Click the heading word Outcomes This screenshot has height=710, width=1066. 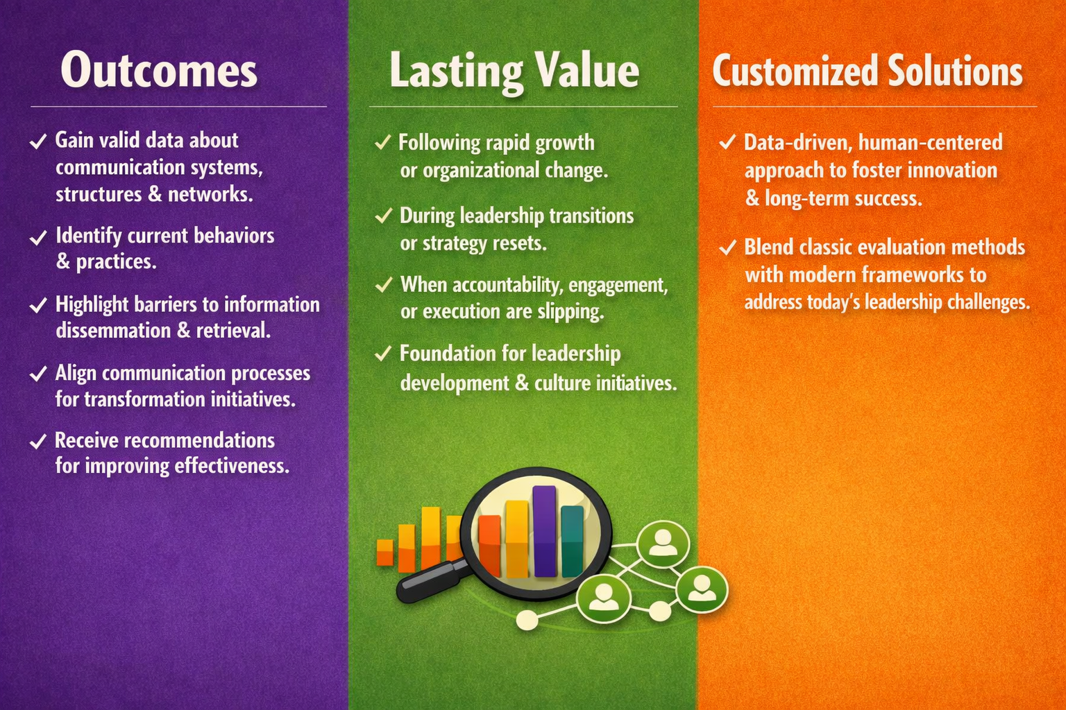pyautogui.click(x=158, y=70)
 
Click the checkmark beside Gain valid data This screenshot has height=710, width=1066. pyautogui.click(x=38, y=141)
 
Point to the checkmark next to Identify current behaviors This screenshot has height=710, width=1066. pyautogui.click(x=38, y=237)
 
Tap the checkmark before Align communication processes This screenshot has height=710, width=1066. pyautogui.click(x=38, y=374)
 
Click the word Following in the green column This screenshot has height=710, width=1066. pyautogui.click(x=439, y=143)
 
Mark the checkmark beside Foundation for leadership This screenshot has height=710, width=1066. pyautogui.click(x=382, y=354)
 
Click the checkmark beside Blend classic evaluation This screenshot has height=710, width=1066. pyautogui.click(x=727, y=248)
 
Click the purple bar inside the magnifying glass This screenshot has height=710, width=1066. pyautogui.click(x=544, y=530)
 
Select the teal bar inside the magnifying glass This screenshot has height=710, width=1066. pyautogui.click(x=572, y=541)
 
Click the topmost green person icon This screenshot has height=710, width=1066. pyautogui.click(x=663, y=543)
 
